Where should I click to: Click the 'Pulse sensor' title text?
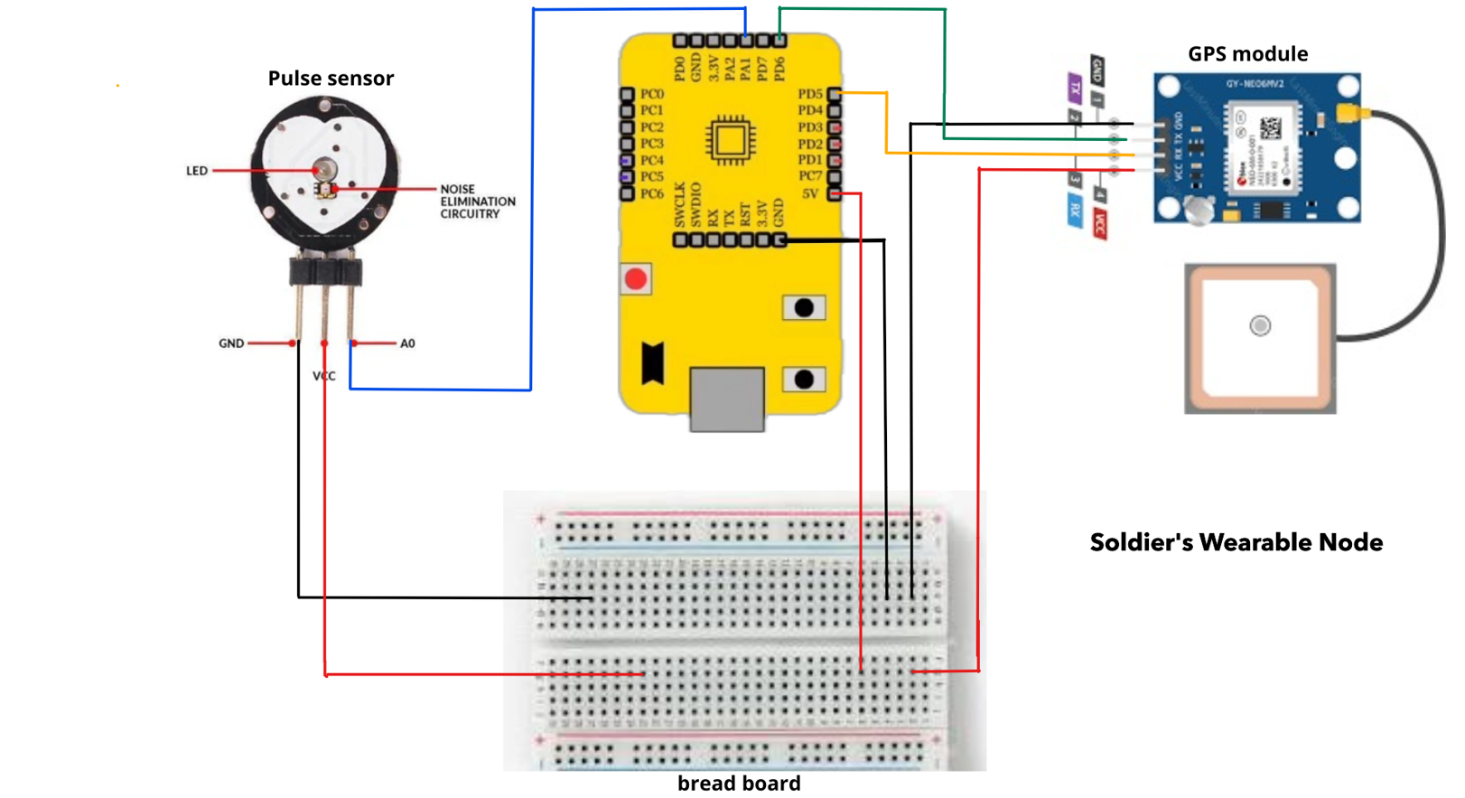point(331,79)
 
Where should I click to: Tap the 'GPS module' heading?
point(1247,54)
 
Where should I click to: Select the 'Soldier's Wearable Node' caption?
point(1236,542)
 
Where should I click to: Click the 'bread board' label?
point(739,784)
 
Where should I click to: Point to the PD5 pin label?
point(809,94)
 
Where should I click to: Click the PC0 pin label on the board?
point(652,94)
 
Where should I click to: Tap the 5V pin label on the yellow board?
point(810,193)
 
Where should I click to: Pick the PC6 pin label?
point(652,193)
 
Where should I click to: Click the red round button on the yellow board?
point(636,279)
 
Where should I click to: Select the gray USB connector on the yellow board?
point(727,398)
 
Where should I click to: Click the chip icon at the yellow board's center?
point(730,140)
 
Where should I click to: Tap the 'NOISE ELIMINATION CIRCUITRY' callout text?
point(477,202)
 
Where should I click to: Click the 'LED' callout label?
point(197,171)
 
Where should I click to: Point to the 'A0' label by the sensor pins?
point(407,343)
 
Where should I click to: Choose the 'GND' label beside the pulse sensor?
point(231,343)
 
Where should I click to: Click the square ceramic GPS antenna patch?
point(1260,339)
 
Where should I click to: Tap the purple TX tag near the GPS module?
point(1075,88)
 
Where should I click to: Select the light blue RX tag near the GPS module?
point(1075,212)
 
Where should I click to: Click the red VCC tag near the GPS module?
point(1099,223)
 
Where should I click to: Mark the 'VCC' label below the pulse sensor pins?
point(324,376)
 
